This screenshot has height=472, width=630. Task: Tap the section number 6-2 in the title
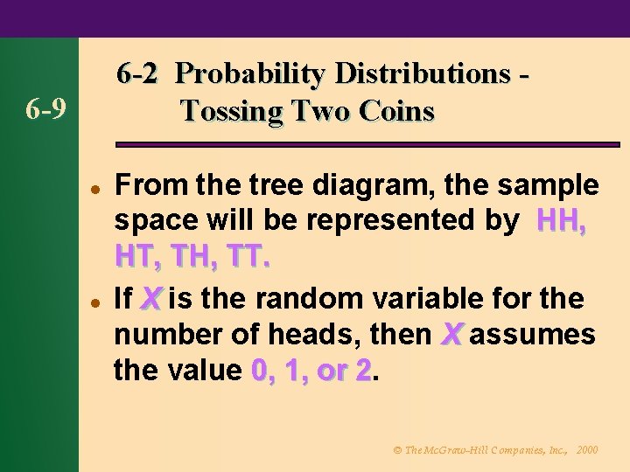click(x=136, y=74)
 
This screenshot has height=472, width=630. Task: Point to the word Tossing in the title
click(x=234, y=112)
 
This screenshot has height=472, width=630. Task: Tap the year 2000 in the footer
click(x=588, y=450)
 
